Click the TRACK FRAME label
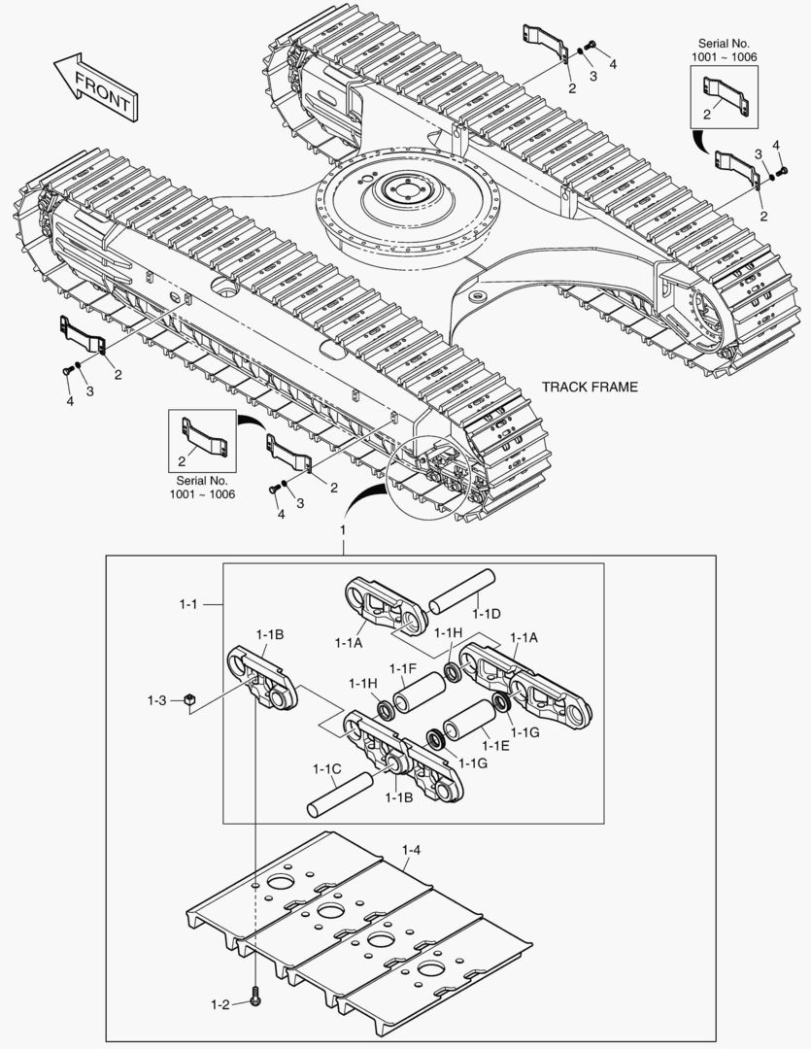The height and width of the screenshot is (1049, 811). [x=590, y=387]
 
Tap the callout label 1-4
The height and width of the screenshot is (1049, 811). [x=411, y=851]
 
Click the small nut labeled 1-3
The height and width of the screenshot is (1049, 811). [x=191, y=699]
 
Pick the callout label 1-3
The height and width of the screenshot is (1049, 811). [x=158, y=699]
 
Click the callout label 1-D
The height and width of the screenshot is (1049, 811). [x=486, y=613]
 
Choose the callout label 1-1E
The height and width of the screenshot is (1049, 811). [x=496, y=745]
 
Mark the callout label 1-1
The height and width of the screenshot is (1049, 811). [x=188, y=604]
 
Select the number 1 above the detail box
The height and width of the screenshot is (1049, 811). [x=342, y=530]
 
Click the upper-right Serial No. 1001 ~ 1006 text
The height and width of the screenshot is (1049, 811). [x=726, y=51]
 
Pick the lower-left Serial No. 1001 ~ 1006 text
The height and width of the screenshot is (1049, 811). [x=202, y=487]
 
